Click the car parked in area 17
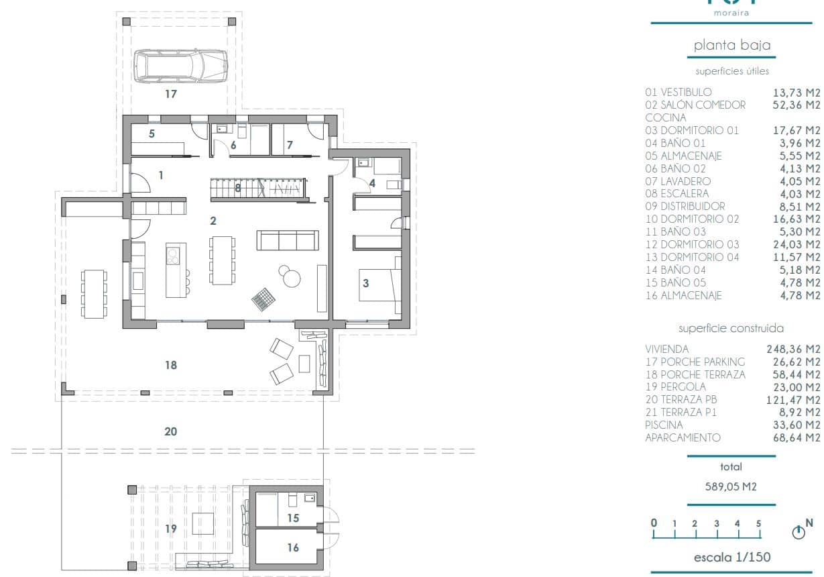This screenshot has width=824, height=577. coord(180,65)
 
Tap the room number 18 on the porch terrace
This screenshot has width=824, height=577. coord(171,365)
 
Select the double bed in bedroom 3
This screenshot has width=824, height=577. coord(379,282)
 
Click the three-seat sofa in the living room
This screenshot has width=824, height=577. coord(287,240)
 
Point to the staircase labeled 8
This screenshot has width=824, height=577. coord(258,189)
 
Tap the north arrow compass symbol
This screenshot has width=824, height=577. coord(798,533)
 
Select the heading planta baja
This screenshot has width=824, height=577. coord(731,46)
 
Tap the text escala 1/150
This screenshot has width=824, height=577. coord(731,557)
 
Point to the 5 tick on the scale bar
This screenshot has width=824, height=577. coord(759,524)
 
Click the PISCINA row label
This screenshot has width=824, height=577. coord(664,425)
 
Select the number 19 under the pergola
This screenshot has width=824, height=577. coord(171,529)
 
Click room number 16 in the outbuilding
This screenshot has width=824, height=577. coord(293,547)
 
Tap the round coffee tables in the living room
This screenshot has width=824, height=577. coord(290,275)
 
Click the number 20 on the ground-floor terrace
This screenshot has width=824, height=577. coord(171,431)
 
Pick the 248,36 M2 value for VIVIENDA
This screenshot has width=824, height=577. coord(793,349)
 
